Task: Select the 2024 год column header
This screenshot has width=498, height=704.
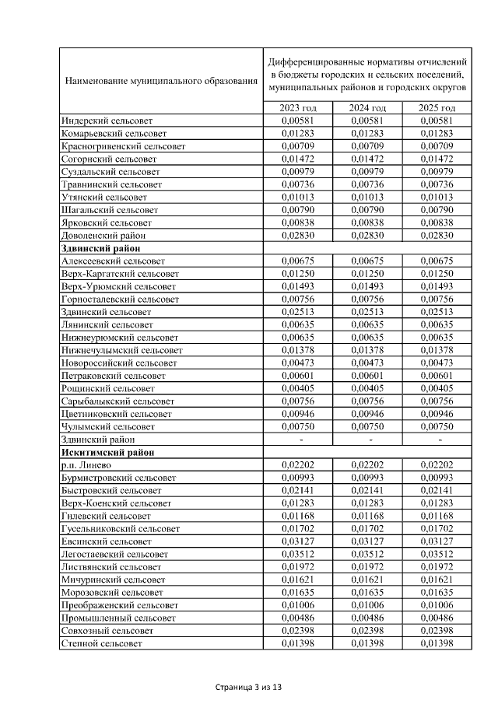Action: [x=368, y=108]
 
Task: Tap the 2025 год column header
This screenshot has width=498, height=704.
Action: [x=436, y=108]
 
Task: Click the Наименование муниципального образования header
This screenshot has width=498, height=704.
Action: [x=161, y=79]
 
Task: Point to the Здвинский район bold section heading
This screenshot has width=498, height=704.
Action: [x=96, y=248]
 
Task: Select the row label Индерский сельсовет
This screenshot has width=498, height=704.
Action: [x=107, y=121]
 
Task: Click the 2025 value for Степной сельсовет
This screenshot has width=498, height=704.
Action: [x=436, y=643]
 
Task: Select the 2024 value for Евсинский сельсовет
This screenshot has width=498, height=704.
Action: [x=368, y=541]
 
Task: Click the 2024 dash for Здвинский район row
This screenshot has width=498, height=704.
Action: [x=368, y=440]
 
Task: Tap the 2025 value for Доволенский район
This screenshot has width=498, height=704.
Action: [x=436, y=235]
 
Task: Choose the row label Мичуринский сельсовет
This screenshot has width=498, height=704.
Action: [x=113, y=580]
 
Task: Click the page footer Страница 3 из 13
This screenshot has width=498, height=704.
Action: [x=248, y=688]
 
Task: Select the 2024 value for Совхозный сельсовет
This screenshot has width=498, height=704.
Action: [x=368, y=631]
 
